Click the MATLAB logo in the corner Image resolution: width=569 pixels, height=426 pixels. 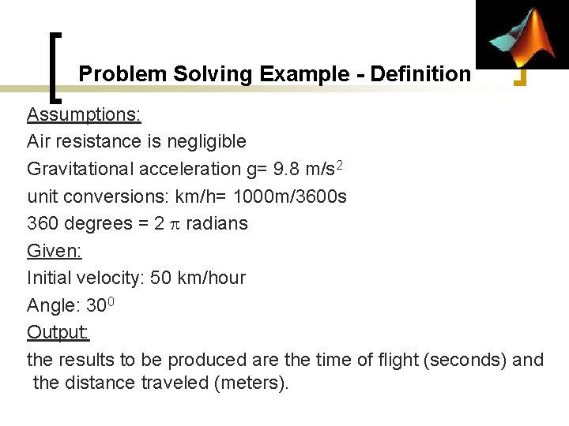(522, 35)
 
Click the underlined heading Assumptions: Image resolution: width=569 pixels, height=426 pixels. (84, 114)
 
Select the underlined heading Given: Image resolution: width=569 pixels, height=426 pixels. (55, 251)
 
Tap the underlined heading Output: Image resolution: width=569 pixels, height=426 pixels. (58, 332)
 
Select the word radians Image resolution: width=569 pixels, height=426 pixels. (217, 223)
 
